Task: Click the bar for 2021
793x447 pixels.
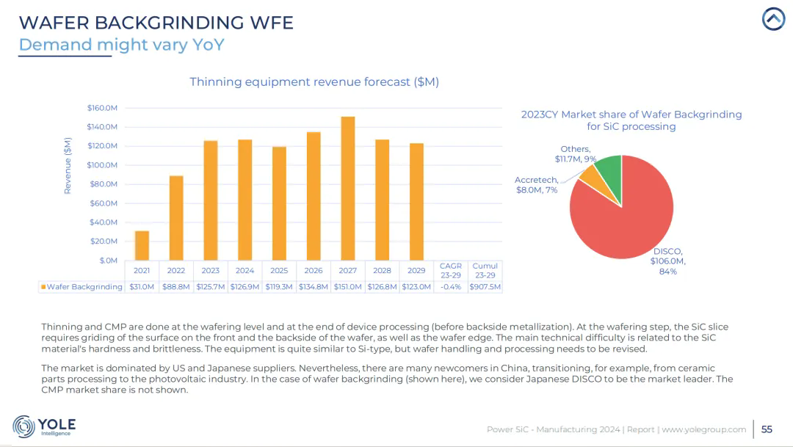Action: (x=142, y=245)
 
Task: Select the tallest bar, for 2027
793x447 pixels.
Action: (x=348, y=188)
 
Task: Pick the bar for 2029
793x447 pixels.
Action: (x=416, y=201)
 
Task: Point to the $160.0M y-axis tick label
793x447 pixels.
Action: (x=102, y=108)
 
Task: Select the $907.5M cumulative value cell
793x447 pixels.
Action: (x=485, y=287)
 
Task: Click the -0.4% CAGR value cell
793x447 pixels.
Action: (x=450, y=287)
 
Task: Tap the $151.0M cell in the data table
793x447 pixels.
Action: (x=348, y=287)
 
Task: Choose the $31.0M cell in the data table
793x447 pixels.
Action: (x=142, y=287)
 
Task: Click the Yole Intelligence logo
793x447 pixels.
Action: (x=44, y=426)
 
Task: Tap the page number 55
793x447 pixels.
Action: (x=767, y=429)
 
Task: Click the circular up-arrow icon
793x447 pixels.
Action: (x=773, y=20)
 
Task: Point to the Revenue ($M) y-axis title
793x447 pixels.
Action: (x=68, y=165)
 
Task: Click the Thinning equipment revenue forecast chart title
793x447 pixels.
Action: (x=314, y=81)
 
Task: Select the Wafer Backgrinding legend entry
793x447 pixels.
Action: (x=82, y=287)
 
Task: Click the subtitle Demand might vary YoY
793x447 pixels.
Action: (x=121, y=45)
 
